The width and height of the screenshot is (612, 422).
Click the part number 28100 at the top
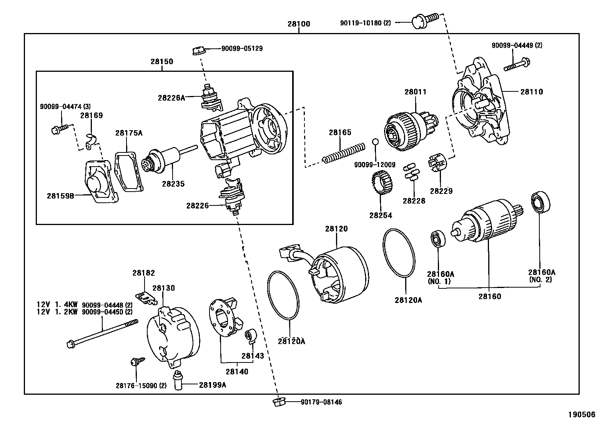(299, 24)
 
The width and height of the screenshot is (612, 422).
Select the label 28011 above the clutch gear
(415, 92)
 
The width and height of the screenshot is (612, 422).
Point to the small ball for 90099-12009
(376, 142)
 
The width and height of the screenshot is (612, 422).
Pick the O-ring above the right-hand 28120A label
(399, 253)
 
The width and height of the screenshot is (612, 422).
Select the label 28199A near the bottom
(212, 384)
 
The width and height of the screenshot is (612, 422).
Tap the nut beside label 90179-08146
(279, 402)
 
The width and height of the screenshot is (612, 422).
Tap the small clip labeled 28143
(251, 337)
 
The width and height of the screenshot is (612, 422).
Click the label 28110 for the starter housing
(532, 92)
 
